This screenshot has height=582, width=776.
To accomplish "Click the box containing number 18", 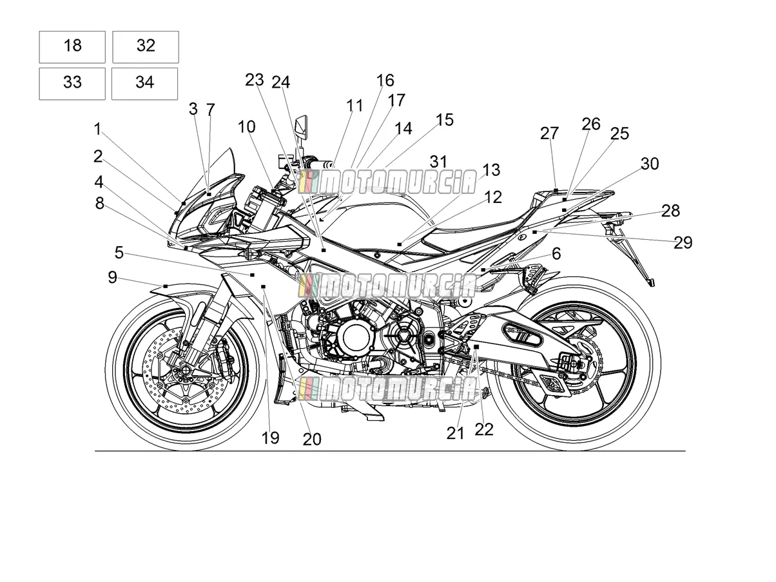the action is [72, 47].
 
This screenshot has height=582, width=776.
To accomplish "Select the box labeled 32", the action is [146, 47].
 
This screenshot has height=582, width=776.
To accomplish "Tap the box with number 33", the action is [72, 84].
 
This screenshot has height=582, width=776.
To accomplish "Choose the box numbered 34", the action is [144, 84].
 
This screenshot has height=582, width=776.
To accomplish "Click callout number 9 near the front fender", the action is [112, 277].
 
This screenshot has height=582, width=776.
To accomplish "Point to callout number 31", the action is [439, 162].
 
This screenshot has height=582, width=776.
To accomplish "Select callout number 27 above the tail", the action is [549, 133].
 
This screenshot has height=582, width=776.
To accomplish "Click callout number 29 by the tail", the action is [683, 243].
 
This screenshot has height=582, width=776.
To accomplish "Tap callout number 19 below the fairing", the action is [271, 438].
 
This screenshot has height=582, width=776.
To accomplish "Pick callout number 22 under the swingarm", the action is [484, 430].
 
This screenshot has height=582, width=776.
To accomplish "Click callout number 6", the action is [556, 253].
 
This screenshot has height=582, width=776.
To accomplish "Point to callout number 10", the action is [246, 126].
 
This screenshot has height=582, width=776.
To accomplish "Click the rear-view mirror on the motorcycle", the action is [301, 126].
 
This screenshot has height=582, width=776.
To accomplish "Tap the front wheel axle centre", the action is [185, 371].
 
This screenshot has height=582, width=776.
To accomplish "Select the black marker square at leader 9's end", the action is [166, 286].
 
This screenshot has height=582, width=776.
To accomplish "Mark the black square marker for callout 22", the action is [476, 347].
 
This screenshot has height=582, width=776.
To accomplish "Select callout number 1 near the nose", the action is [97, 129].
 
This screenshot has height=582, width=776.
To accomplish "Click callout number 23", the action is [255, 80].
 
